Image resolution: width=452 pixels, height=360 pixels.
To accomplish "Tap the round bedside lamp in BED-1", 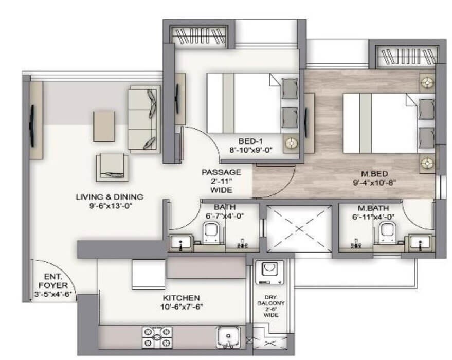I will pyautogui.click(x=291, y=142).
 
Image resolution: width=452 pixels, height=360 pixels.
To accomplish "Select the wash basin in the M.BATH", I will pyautogui.click(x=421, y=243).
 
